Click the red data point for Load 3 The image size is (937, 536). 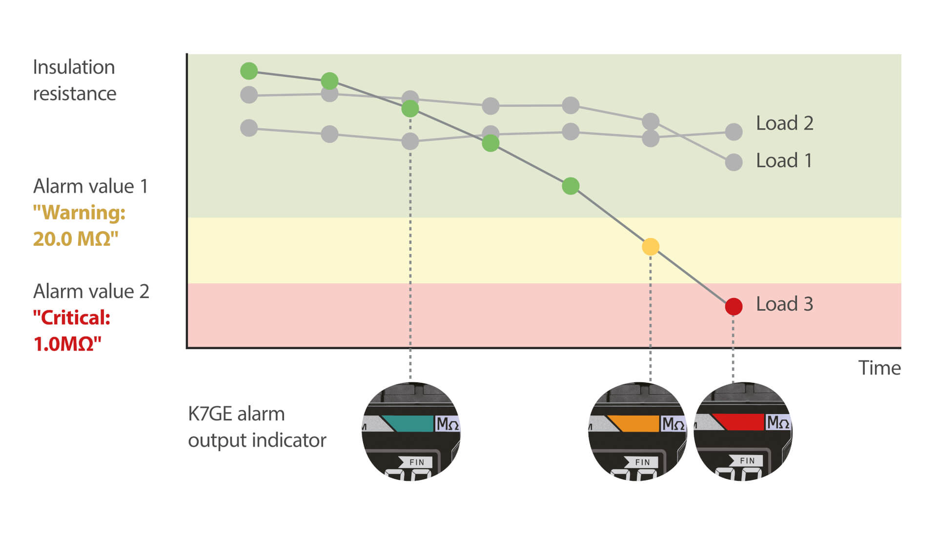coord(733,306)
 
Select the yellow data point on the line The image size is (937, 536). coord(651,247)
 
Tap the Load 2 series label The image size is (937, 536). coord(784,123)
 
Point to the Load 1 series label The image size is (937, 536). coord(784,160)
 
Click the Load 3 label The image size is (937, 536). coord(784,304)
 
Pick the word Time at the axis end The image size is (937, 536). coord(879,368)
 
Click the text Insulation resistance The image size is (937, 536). coord(74,80)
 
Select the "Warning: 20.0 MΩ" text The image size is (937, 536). coord(79,226)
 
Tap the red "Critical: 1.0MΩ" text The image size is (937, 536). coord(72,331)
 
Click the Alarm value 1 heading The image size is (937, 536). coord(90,186)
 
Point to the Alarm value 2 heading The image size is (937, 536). coord(91,291)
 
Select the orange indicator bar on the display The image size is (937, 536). coord(633,423)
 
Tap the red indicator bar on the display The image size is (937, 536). coord(738,422)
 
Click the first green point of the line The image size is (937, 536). coord(249,71)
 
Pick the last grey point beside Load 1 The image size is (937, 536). coord(733,162)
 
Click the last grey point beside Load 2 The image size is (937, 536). coord(733,132)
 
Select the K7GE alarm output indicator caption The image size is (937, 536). coord(257,427)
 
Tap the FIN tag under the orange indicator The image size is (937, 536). coord(641,462)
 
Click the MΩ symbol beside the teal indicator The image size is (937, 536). coord(448,424)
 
